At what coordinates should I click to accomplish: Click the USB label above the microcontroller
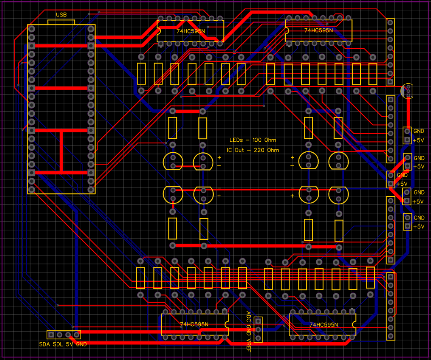coord(61,15)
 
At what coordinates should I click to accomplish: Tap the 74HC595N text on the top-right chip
coord(319,30)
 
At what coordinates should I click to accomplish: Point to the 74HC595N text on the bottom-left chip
coord(194,324)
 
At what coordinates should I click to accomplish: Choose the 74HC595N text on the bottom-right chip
coord(324,324)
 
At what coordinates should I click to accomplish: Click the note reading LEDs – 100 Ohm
coord(253,140)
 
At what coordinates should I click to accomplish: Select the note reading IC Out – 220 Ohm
coord(253,150)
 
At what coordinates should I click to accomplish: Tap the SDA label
coord(44,344)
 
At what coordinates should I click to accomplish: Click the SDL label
coord(58,344)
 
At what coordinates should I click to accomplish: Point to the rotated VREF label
coord(249,346)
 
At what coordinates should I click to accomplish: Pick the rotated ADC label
coord(249,317)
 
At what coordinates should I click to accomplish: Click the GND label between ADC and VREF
coord(249,331)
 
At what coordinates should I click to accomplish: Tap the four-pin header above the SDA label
coord(64,335)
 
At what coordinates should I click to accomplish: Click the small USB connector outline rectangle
coord(61,22)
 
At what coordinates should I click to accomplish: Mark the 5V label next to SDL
coord(69,344)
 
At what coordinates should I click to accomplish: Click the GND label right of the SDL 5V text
coord(81,344)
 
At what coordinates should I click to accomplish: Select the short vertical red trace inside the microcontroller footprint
coord(61,151)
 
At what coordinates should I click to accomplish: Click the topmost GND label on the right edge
coord(419,131)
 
